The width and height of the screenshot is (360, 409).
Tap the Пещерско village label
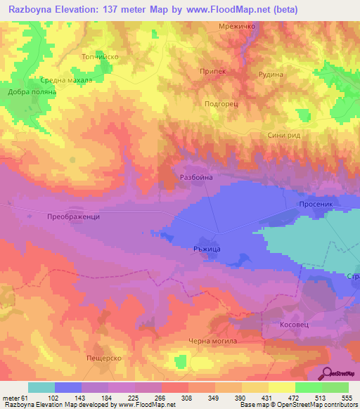tap(104, 358)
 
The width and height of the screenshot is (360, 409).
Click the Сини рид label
tap(284, 136)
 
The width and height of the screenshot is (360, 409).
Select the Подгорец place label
tap(222, 103)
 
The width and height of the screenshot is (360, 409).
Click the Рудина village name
tap(270, 74)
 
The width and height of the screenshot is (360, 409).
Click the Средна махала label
tap(66, 79)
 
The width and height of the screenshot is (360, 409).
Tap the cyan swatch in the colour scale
tap(41, 387)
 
